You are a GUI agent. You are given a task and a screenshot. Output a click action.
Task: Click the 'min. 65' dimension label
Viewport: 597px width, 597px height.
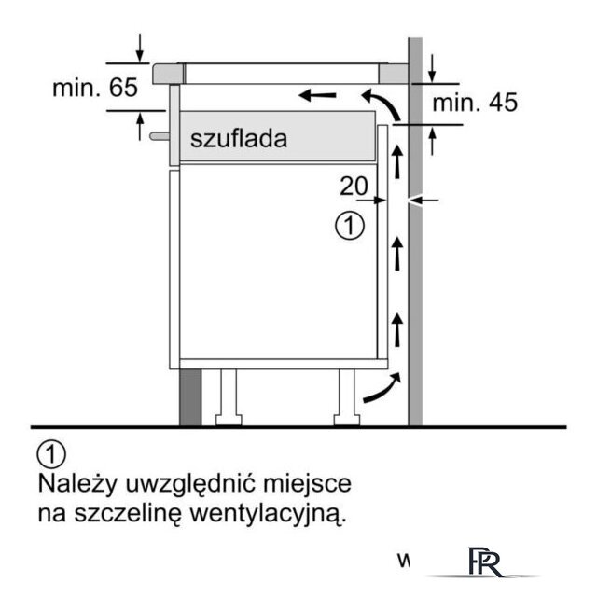(95, 88)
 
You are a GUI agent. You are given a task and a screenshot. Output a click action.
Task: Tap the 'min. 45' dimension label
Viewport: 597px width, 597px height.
(475, 103)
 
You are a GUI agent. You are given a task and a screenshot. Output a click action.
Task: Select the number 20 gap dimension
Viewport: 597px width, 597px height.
(354, 186)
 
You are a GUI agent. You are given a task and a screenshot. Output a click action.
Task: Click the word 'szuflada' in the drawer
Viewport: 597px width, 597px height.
(239, 138)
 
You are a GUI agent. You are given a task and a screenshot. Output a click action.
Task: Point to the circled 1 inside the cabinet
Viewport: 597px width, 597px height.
(350, 226)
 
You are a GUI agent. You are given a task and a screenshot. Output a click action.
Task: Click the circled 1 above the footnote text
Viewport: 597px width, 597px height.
(51, 454)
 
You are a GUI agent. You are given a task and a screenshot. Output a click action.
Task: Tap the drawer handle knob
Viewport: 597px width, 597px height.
(160, 136)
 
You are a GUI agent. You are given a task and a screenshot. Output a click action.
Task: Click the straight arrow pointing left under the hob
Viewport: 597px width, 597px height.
(318, 95)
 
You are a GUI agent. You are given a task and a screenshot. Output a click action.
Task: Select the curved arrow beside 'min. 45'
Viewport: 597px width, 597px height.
(384, 102)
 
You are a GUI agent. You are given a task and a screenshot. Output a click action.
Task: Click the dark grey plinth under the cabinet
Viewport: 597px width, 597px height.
(190, 397)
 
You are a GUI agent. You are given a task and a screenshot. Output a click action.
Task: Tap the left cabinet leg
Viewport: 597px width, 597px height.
(229, 397)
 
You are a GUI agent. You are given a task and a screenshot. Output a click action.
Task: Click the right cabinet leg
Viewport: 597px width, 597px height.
(347, 397)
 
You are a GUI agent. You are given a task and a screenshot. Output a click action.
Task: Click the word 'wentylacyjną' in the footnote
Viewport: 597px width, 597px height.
(268, 514)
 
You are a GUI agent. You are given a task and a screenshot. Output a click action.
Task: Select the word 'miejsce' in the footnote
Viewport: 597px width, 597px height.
(308, 484)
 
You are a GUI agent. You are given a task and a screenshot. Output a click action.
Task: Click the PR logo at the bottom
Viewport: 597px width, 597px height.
(485, 562)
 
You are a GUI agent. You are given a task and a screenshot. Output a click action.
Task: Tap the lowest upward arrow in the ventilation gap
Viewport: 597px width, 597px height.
(397, 329)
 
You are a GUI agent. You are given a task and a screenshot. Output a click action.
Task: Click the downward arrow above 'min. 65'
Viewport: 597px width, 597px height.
(140, 48)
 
